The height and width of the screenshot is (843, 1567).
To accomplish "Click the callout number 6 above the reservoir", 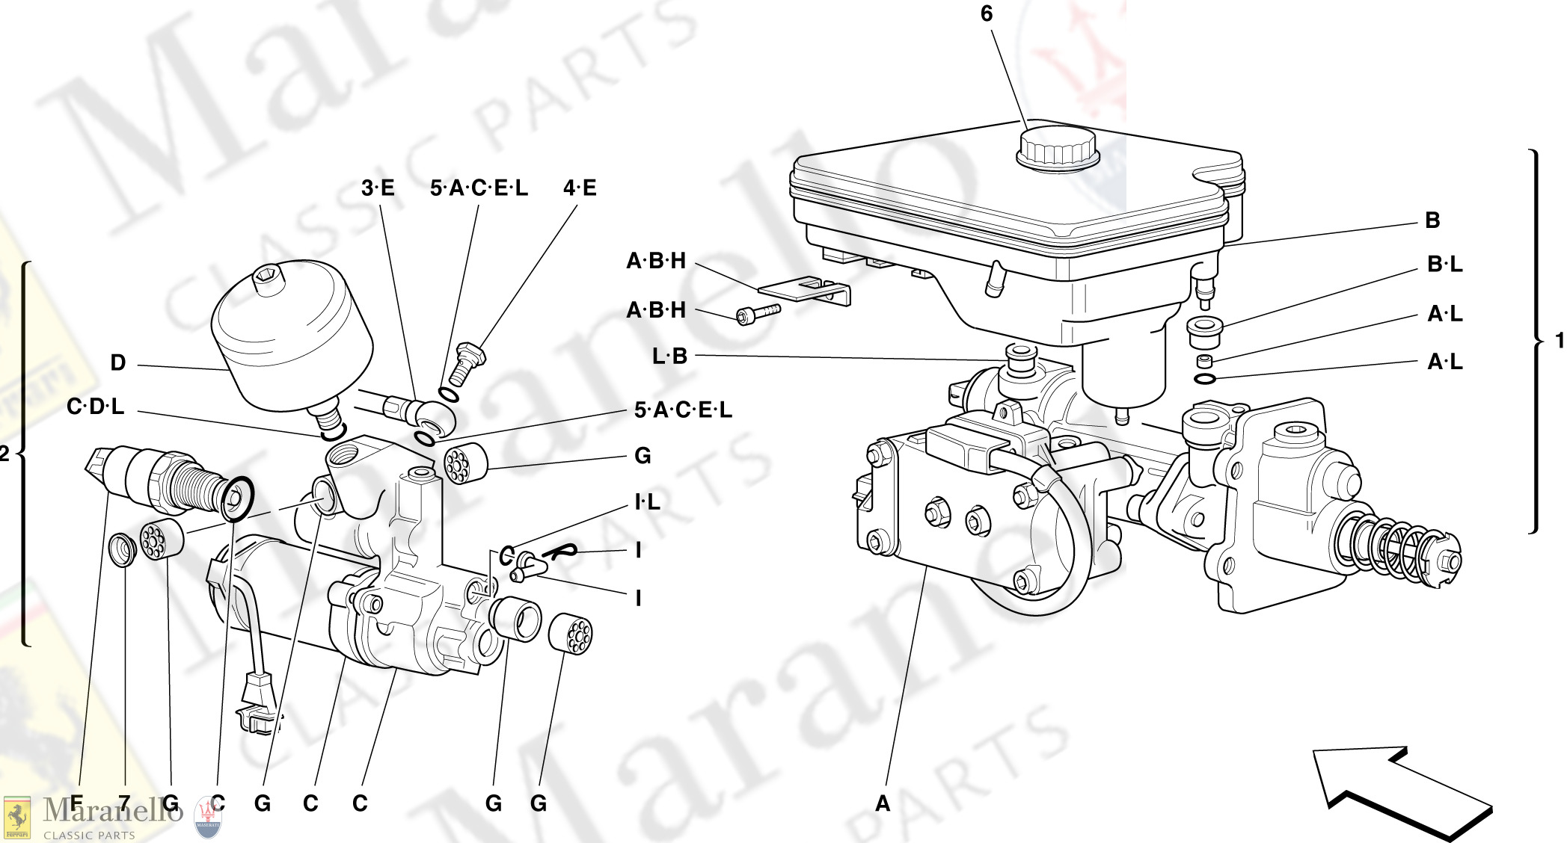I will tap(987, 13).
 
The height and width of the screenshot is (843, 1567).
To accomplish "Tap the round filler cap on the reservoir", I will tap(1057, 146).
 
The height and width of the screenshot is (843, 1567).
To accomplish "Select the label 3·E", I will tap(378, 188).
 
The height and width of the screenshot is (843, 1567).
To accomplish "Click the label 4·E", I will tap(580, 188).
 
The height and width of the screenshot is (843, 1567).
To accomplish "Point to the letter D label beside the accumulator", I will tap(118, 363).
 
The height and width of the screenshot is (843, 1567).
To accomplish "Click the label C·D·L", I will tap(95, 407).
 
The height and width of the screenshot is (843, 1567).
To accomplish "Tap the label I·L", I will tap(647, 502).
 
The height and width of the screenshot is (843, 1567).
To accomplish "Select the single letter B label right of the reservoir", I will tap(1432, 220).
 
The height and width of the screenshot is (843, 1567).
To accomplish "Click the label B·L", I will tap(1444, 265).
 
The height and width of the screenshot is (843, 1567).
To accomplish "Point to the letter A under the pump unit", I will tap(883, 804).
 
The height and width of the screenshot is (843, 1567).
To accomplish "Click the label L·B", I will tap(669, 356).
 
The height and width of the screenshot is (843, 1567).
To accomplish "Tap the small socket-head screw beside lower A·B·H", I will tap(757, 313).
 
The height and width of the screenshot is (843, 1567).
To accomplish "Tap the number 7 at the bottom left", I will tap(124, 804).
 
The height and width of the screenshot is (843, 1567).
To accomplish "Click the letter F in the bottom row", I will tap(76, 804).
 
